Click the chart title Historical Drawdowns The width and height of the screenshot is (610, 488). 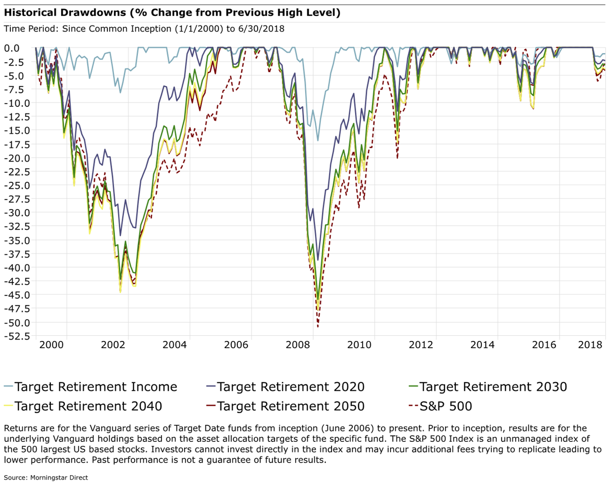coord(172,13)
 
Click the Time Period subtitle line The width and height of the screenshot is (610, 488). coord(144,29)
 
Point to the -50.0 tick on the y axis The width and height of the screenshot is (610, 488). coord(18,323)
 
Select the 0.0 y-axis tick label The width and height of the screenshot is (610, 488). coord(12,48)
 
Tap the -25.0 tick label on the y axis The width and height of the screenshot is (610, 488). coord(18,185)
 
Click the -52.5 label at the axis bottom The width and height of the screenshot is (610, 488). coord(18,336)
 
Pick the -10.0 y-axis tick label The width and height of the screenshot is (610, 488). coord(18,103)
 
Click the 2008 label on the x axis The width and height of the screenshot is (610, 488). coord(298,345)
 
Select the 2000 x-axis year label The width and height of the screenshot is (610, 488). coord(51,345)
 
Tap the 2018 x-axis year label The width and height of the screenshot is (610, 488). coord(590,345)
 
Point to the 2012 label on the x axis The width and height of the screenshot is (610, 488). coord(421,345)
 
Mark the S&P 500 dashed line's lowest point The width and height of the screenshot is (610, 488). coord(318,326)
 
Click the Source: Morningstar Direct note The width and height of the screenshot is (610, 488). coord(46,478)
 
